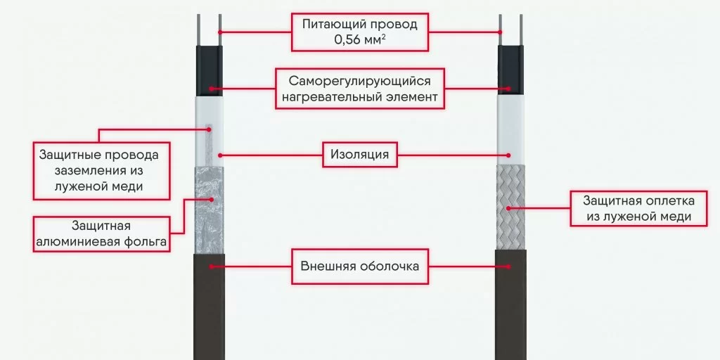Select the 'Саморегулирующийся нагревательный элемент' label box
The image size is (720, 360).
pos(359,89)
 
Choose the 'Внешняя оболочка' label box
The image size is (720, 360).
pos(359,266)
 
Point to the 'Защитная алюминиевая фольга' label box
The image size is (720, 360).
pos(99,235)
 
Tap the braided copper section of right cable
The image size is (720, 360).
pos(511,207)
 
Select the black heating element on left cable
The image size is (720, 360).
pos(208,70)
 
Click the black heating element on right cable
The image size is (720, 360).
pos(511,70)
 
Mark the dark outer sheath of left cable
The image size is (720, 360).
pos(208,302)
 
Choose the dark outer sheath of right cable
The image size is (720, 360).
pos(511,302)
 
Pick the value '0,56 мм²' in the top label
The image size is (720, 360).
pos(359,40)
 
